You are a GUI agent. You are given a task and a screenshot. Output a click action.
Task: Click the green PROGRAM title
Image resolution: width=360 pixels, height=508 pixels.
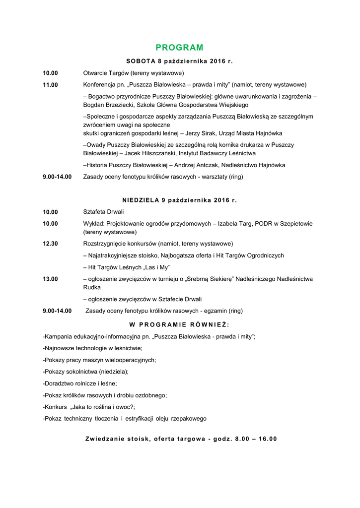(179, 48)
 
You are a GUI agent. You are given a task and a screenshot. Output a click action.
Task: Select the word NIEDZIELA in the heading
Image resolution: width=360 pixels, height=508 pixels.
(141, 200)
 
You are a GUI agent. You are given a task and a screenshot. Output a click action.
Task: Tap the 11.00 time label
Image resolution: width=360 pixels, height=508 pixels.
(50, 85)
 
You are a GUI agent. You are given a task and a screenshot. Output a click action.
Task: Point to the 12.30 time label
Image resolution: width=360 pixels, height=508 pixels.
(50, 244)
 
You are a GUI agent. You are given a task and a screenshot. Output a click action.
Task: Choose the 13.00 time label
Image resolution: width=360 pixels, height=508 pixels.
(50, 279)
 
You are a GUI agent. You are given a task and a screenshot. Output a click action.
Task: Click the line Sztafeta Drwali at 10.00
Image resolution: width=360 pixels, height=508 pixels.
(103, 212)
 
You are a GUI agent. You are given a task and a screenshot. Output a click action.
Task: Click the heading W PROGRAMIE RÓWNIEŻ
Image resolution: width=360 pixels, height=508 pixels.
(179, 324)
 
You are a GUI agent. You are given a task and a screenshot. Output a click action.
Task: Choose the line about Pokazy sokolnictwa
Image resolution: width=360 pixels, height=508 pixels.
(86, 372)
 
